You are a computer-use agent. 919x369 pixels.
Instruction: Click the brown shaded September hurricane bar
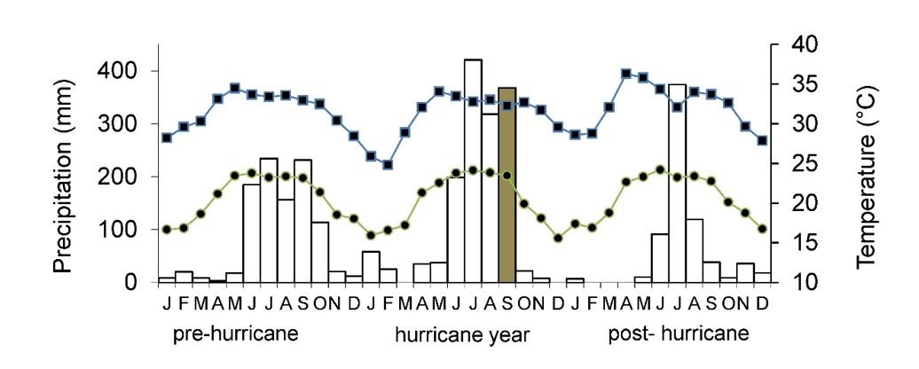coord(507,185)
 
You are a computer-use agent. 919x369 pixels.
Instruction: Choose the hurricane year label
coord(461,335)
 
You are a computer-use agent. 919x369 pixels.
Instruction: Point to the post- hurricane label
coord(678,334)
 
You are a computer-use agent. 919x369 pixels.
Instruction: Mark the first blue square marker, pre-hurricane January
coord(167,137)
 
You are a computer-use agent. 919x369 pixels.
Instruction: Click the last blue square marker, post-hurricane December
coord(762,140)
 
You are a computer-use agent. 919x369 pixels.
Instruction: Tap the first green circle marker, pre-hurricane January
coord(167,229)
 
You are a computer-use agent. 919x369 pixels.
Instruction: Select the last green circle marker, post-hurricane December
coord(762,229)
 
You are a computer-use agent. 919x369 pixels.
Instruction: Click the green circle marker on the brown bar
coord(507,176)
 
